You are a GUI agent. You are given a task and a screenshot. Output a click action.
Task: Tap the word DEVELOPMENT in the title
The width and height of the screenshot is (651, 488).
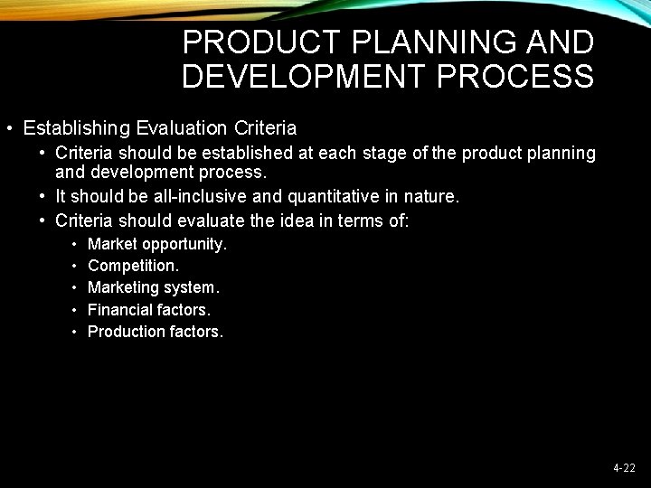pyautogui.click(x=303, y=76)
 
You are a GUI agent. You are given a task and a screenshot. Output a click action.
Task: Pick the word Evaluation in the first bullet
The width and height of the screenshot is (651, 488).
pyautogui.click(x=180, y=128)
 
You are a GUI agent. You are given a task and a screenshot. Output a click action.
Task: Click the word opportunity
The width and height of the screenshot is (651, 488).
pyautogui.click(x=184, y=245)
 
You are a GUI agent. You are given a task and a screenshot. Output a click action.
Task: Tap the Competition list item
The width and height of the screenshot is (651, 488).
pyautogui.click(x=133, y=266)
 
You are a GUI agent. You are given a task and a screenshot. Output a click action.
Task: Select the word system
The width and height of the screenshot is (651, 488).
pyautogui.click(x=190, y=288)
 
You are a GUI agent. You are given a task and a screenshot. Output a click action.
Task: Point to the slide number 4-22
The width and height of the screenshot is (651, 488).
pyautogui.click(x=624, y=468)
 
